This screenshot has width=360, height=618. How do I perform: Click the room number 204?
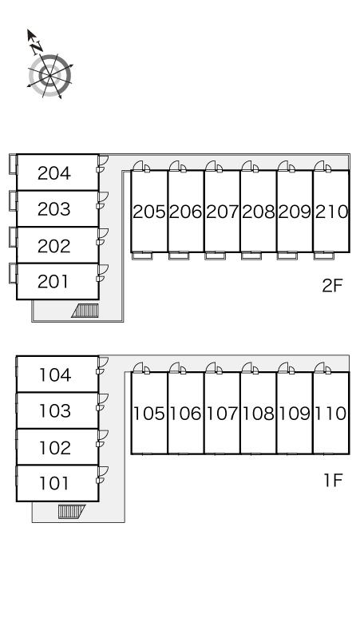(x=54, y=173)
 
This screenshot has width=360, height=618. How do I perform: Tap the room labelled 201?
(x=53, y=281)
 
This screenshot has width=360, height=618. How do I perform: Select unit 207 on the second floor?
(x=222, y=212)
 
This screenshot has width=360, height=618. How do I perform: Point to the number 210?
(x=331, y=212)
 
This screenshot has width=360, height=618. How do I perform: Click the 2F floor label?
(x=332, y=285)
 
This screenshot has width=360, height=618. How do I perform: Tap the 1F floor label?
(x=333, y=480)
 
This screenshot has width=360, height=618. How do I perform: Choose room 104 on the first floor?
(x=55, y=374)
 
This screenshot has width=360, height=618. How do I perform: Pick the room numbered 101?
(x=54, y=483)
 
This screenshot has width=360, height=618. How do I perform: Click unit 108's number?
(x=259, y=414)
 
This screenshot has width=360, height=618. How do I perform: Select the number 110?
(x=330, y=414)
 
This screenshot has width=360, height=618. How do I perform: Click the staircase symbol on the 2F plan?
(x=85, y=311)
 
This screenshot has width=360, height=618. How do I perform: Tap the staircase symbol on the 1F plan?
(x=72, y=512)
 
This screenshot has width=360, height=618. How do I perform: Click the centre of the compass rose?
(x=49, y=75)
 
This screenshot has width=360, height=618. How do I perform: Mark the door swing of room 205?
(x=139, y=166)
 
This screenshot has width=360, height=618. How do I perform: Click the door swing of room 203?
(x=103, y=197)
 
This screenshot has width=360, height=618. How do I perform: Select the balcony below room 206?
(x=179, y=256)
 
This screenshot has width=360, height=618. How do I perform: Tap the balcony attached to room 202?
(x=13, y=237)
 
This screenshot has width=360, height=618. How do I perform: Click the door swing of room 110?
(x=320, y=368)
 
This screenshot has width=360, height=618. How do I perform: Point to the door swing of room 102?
(x=103, y=435)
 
